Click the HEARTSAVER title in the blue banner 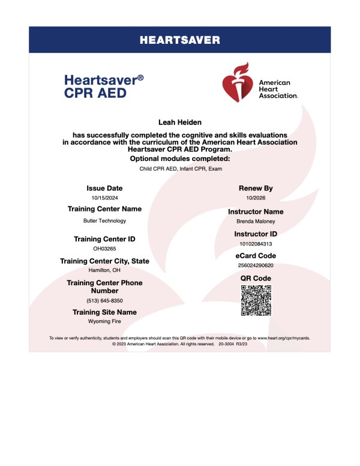[180, 41]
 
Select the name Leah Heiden [180, 122]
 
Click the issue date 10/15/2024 [104, 198]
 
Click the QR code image [256, 300]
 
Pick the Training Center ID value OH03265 [104, 248]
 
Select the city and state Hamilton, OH [104, 270]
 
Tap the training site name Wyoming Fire [104, 322]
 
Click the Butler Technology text [104, 220]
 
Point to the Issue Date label [104, 188]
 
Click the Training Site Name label [104, 312]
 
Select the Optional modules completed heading [180, 159]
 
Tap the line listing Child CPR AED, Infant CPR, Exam [180, 169]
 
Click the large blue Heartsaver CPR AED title [103, 86]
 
